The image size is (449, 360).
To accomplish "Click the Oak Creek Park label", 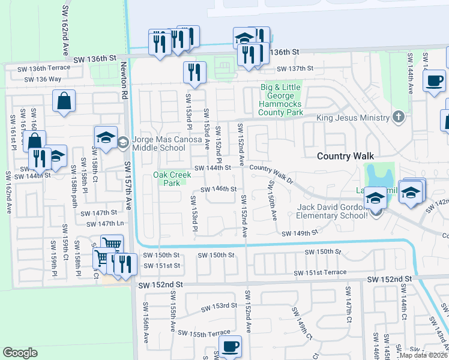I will click(171, 179).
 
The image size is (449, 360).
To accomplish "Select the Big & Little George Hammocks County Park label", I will click(281, 100).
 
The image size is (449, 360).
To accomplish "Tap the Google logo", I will click(20, 353).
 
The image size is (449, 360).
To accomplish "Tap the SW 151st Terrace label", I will click(320, 273).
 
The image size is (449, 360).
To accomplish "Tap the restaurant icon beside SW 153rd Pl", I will click(194, 73).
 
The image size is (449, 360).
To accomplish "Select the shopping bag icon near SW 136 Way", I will click(64, 101).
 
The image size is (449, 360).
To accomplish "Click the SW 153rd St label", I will click(219, 306).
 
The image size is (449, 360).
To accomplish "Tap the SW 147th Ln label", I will click(105, 224).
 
